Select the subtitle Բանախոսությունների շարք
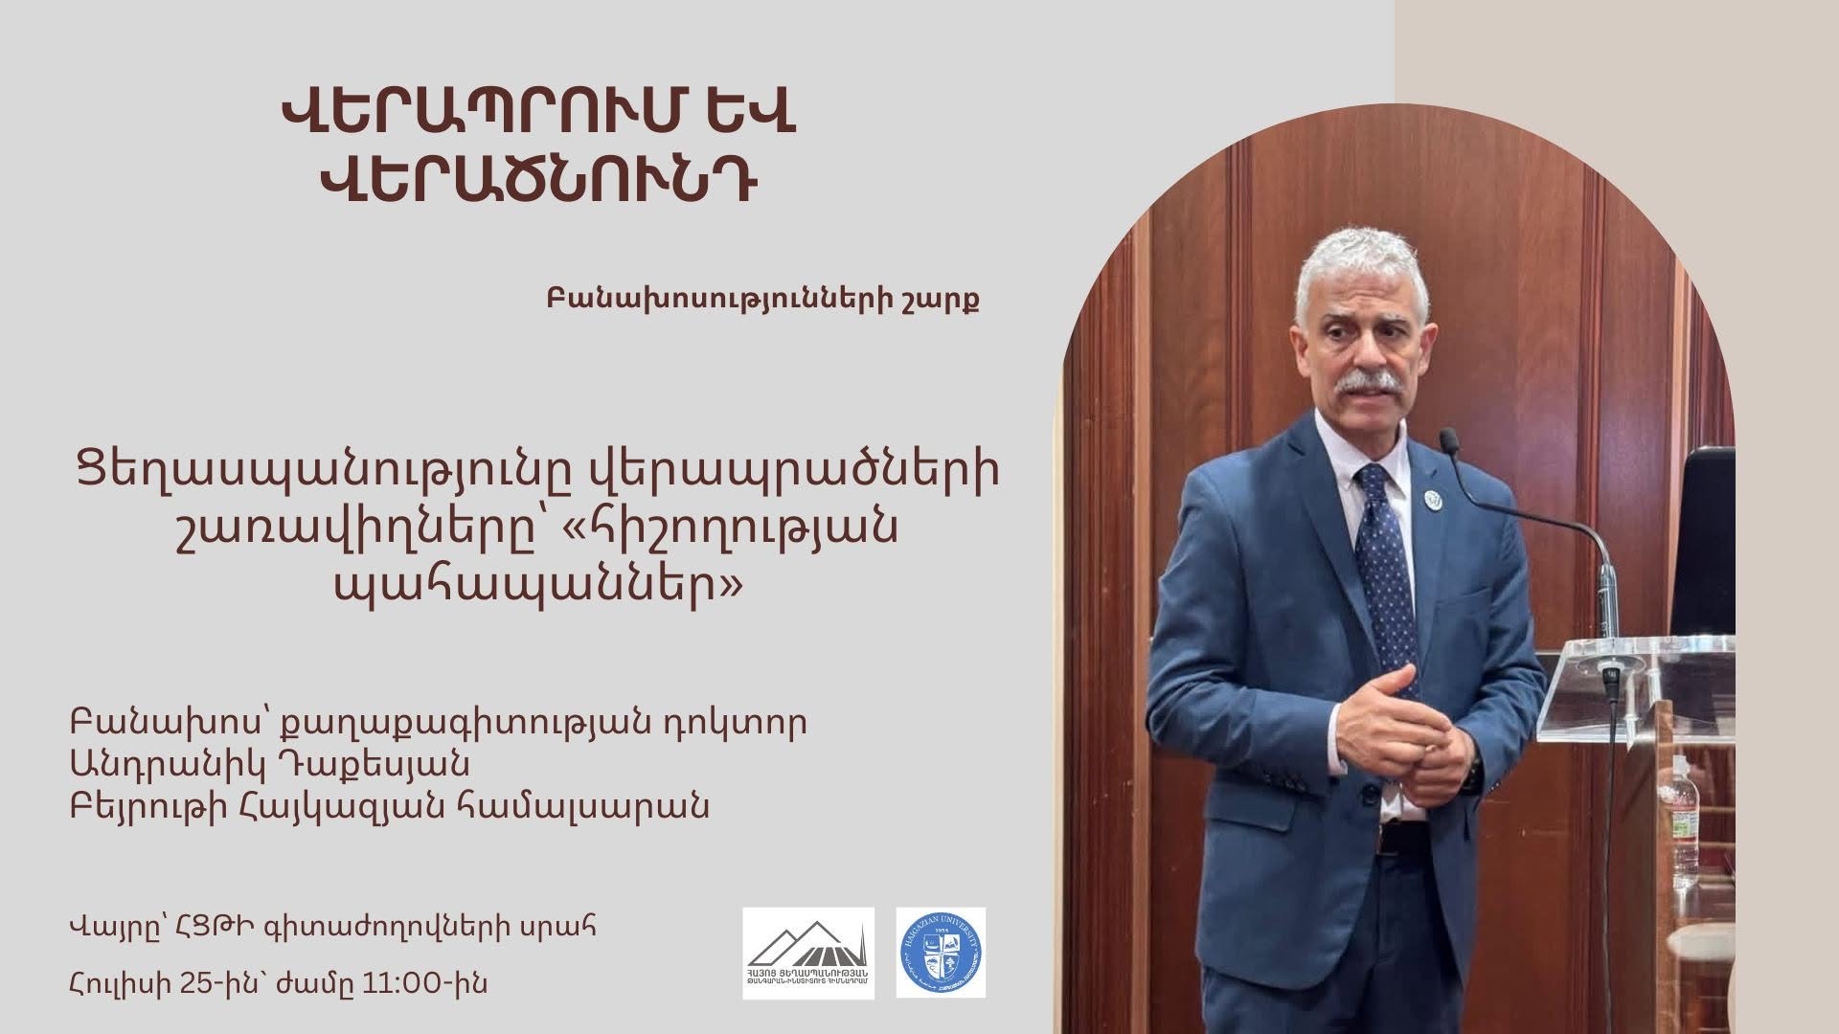coord(762,300)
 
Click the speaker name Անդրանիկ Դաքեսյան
coord(269,764)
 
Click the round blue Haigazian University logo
coord(941,954)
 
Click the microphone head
coord(1449,442)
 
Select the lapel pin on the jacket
coord(1434,499)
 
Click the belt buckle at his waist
coord(1394,840)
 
